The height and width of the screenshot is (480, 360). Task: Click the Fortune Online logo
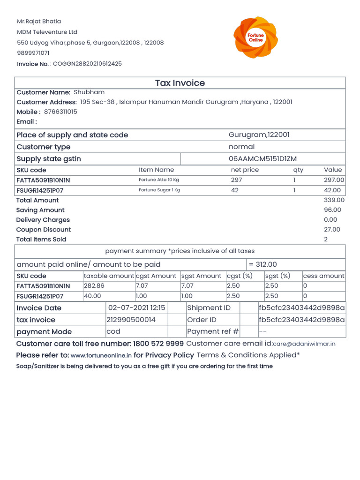pyautogui.click(x=256, y=37)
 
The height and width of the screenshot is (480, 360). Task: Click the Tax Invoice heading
pyautogui.click(x=180, y=83)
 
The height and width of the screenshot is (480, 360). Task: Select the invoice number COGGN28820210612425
pyautogui.click(x=87, y=64)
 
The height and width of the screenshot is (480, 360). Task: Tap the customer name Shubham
pyautogui.click(x=89, y=92)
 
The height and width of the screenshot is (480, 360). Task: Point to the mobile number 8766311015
pyautogui.click(x=60, y=112)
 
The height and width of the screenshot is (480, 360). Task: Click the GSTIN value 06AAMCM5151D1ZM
pyautogui.click(x=262, y=159)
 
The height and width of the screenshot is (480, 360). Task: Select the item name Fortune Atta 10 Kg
pyautogui.click(x=159, y=180)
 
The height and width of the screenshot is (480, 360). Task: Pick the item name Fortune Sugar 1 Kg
pyautogui.click(x=159, y=190)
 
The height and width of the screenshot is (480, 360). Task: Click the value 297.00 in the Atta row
pyautogui.click(x=334, y=180)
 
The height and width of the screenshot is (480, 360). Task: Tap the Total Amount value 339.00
pyautogui.click(x=334, y=200)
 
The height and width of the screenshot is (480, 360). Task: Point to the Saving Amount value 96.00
pyautogui.click(x=332, y=210)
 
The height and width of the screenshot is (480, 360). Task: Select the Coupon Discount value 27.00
pyautogui.click(x=332, y=230)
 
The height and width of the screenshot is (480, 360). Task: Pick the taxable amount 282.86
pyautogui.click(x=94, y=286)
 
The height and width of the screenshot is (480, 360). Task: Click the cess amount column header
pyautogui.click(x=323, y=276)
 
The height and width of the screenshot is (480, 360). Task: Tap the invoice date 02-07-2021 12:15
pyautogui.click(x=136, y=308)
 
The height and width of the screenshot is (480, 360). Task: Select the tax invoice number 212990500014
pyautogui.click(x=131, y=320)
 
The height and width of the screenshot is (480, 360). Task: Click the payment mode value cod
pyautogui.click(x=113, y=331)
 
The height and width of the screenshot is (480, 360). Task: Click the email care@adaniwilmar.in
pyautogui.click(x=304, y=344)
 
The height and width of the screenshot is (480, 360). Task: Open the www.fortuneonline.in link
pyautogui.click(x=101, y=356)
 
